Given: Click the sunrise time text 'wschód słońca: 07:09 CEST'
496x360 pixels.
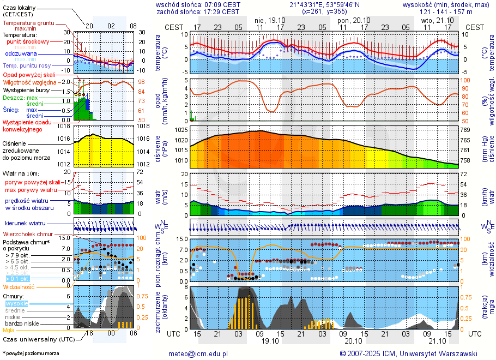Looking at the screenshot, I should (x=198, y=4).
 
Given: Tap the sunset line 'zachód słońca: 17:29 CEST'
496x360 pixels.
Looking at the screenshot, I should (x=198, y=11).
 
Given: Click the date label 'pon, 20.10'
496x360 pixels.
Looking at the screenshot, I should (x=353, y=20).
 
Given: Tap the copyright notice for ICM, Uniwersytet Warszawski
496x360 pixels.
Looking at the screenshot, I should (x=408, y=353).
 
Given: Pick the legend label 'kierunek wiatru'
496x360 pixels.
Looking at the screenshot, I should (x=25, y=224).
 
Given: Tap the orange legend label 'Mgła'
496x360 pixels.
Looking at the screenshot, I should (x=9, y=330).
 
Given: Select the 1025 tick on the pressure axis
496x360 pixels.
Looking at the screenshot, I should (x=183, y=130).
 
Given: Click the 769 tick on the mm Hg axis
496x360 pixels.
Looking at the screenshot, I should (x=465, y=130).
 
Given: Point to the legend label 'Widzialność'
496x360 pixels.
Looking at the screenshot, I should (x=19, y=286).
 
